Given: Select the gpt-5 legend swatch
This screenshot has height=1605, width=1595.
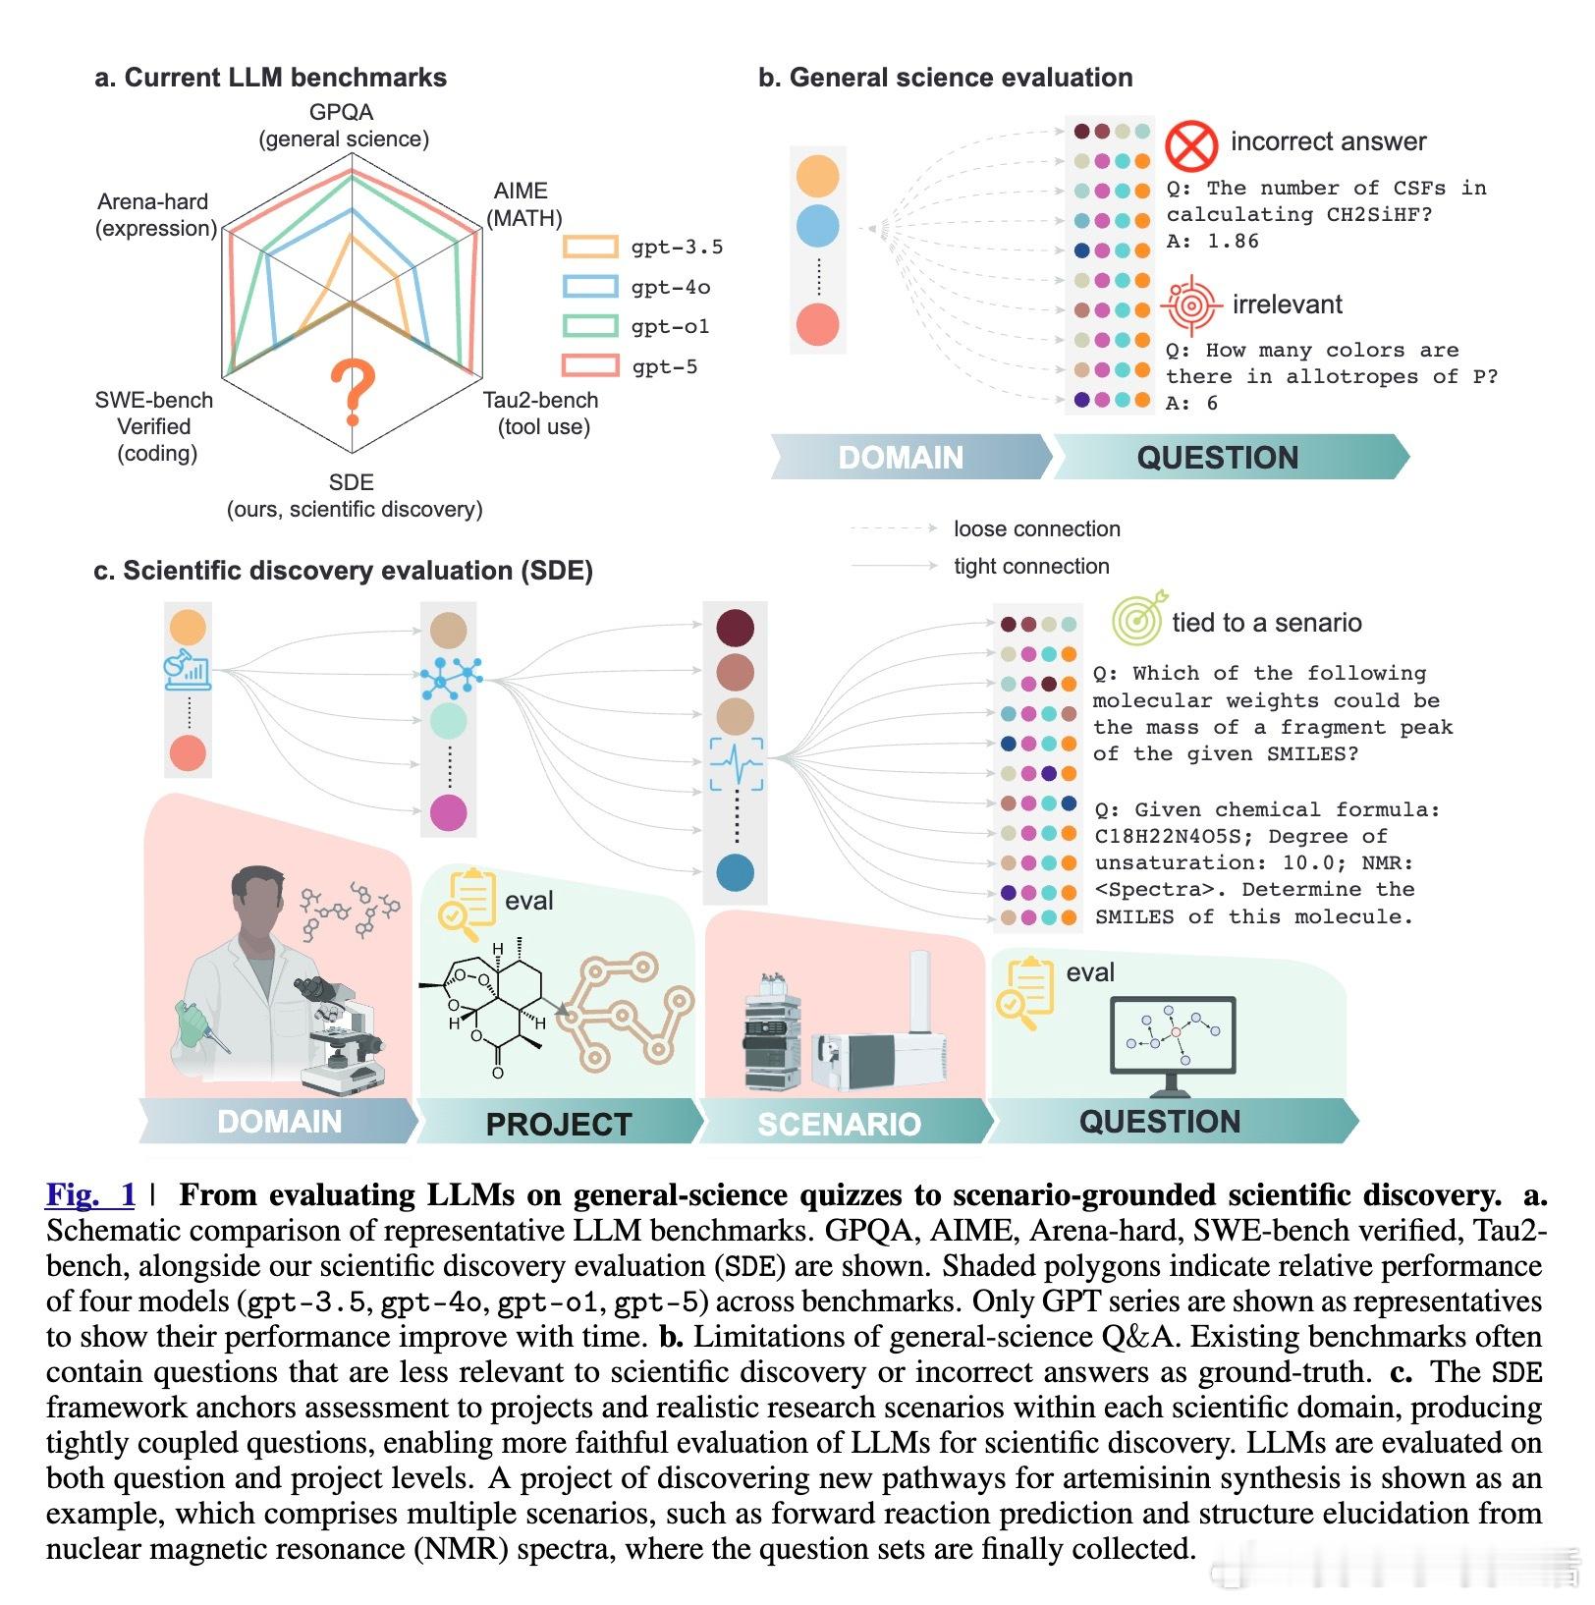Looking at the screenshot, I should coord(590,366).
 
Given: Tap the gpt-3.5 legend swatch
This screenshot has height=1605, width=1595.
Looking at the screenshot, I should coord(590,247).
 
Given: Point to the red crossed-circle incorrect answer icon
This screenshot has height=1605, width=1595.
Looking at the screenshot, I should coord(1190,145).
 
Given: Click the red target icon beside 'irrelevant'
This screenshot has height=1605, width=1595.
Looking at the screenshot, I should coord(1190,304).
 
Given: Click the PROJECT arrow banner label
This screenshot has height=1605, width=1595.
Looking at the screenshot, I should coord(558,1124).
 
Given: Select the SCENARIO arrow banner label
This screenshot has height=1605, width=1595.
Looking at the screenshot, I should coord(839,1124).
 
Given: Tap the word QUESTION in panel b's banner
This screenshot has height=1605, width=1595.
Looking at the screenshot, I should coord(1217,458).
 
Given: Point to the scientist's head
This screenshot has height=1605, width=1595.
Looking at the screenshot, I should coord(258,894).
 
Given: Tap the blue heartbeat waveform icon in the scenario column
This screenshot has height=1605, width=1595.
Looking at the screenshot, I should coord(737,764).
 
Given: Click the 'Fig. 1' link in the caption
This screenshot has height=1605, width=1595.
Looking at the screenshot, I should coord(90,1195).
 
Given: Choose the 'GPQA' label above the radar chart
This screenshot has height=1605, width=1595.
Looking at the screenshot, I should coord(342,112).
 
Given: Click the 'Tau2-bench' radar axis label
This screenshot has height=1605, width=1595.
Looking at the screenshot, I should coord(540,401).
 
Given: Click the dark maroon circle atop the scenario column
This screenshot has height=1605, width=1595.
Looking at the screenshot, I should coord(735,628).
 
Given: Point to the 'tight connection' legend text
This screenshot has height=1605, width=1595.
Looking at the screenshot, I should coord(1031,567).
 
